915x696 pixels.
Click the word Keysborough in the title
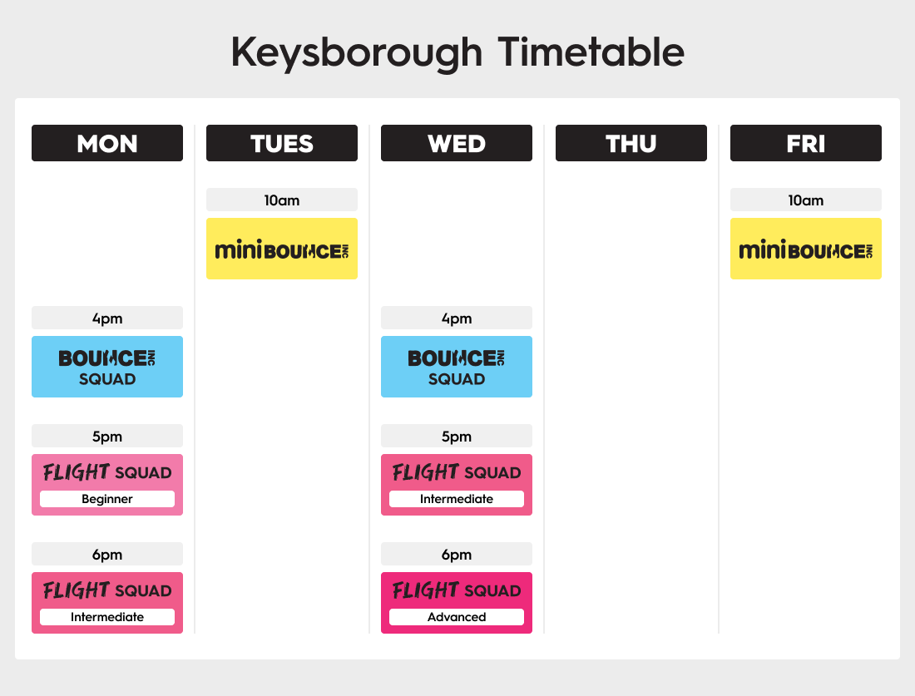(357, 53)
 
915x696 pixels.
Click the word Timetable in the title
(591, 52)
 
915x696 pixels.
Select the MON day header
(107, 143)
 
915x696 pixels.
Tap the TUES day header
(282, 143)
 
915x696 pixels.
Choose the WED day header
(457, 143)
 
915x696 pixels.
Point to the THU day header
(631, 143)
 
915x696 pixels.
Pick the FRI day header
(806, 143)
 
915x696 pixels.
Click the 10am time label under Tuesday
(282, 200)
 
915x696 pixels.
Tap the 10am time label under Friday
(806, 200)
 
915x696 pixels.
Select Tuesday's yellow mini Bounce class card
(282, 249)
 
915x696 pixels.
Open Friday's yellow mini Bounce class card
(806, 249)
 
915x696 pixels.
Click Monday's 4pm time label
(107, 318)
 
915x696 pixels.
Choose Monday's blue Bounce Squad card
(107, 367)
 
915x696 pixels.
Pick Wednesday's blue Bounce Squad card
(457, 367)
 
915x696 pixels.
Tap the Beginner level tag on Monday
(107, 499)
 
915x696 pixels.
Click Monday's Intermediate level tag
(107, 617)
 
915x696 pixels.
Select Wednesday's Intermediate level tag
(457, 499)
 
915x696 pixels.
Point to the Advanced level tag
(457, 617)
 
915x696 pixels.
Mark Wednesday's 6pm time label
(457, 555)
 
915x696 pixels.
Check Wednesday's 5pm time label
(457, 437)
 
